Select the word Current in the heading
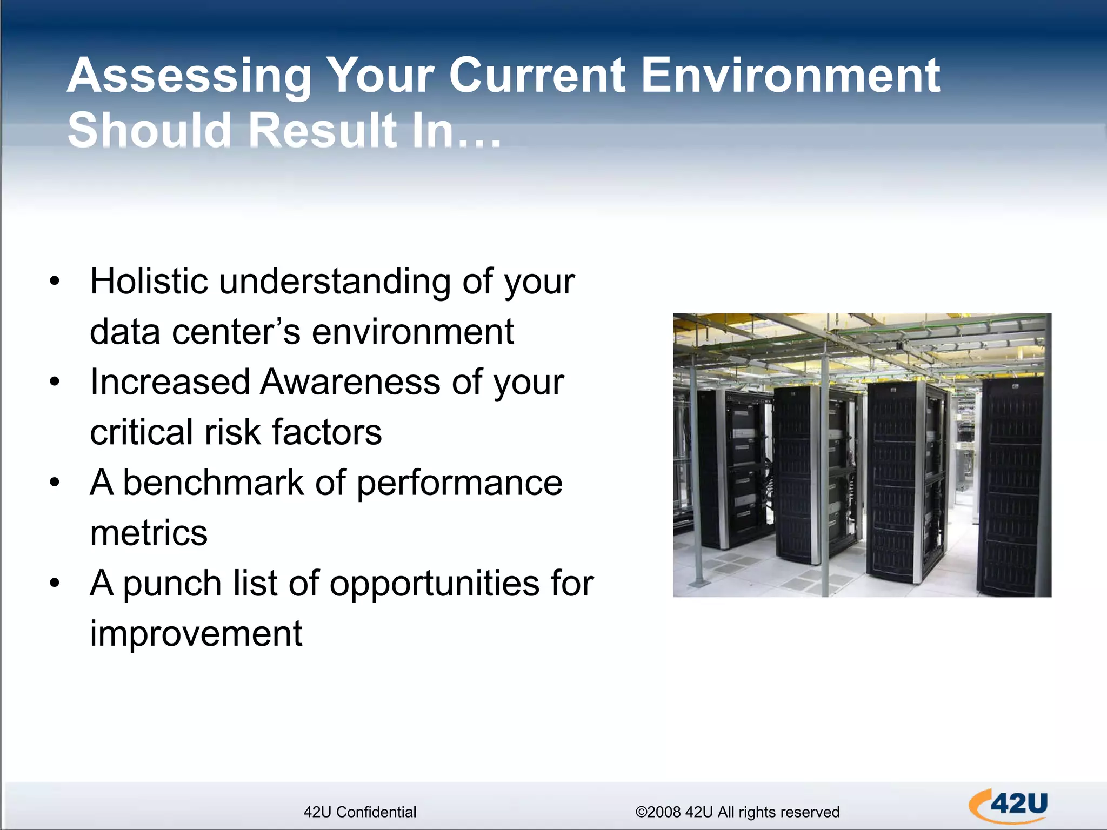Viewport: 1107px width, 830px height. [x=537, y=76]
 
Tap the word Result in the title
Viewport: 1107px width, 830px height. [x=323, y=130]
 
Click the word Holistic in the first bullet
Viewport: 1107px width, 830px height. [x=149, y=282]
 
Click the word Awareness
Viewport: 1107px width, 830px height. [x=350, y=382]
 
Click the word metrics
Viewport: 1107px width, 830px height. [x=149, y=533]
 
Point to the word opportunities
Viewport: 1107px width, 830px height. [x=435, y=584]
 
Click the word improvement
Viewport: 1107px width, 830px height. [x=196, y=634]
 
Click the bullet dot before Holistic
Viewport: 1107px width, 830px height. [x=54, y=282]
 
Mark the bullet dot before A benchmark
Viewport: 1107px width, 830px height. [x=54, y=483]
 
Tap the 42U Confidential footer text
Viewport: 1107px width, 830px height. [x=360, y=812]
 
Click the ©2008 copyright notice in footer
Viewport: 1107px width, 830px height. [x=737, y=812]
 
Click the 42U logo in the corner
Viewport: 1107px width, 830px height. [x=1009, y=805]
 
